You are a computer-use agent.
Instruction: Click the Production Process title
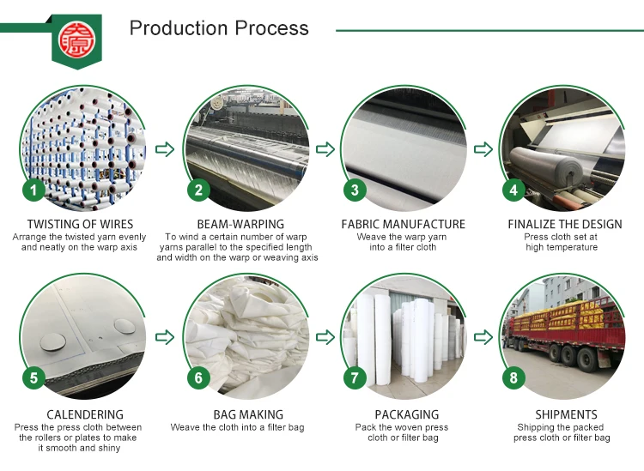tap(219, 28)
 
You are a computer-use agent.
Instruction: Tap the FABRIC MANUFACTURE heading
tap(403, 225)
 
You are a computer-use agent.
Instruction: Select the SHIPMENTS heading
tap(564, 414)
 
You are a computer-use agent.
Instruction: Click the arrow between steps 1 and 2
tap(165, 150)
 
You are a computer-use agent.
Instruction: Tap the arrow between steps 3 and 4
tap(483, 150)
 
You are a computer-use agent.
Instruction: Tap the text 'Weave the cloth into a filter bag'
tap(237, 427)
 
